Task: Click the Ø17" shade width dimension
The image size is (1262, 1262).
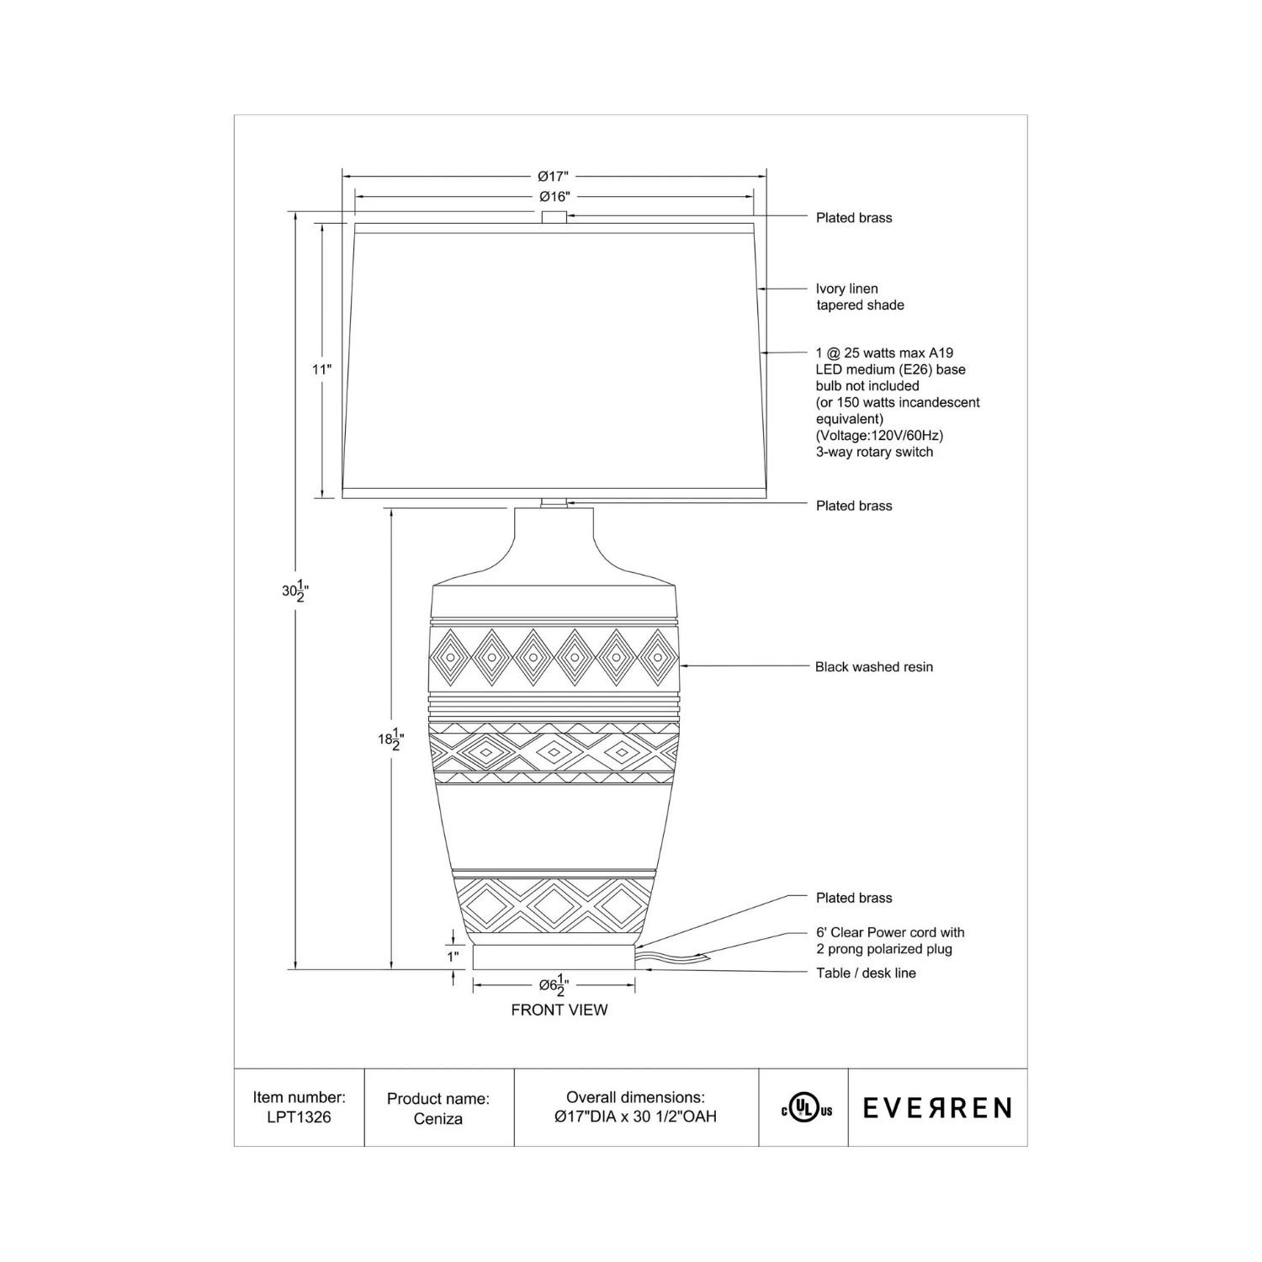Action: (554, 177)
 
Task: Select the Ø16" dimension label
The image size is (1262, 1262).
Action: (554, 197)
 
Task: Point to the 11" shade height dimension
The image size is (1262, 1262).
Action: (322, 369)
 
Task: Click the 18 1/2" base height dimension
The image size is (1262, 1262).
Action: (390, 740)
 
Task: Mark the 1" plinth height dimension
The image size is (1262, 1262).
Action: (453, 956)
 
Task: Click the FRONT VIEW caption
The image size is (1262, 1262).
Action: (559, 1010)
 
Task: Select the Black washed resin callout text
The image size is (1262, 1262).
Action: (873, 667)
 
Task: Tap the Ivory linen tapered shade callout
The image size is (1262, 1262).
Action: (859, 297)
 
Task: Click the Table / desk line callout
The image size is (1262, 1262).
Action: (866, 973)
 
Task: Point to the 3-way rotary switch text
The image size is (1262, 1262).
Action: (874, 452)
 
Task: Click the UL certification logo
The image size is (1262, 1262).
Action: (806, 1109)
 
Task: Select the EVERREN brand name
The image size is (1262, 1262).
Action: (937, 1108)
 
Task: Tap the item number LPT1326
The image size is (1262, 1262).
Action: (299, 1117)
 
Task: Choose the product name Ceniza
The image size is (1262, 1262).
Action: (437, 1119)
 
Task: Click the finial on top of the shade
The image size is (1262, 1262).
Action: (554, 217)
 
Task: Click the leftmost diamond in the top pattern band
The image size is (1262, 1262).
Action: (451, 656)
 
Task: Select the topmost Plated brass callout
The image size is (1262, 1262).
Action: (853, 218)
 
